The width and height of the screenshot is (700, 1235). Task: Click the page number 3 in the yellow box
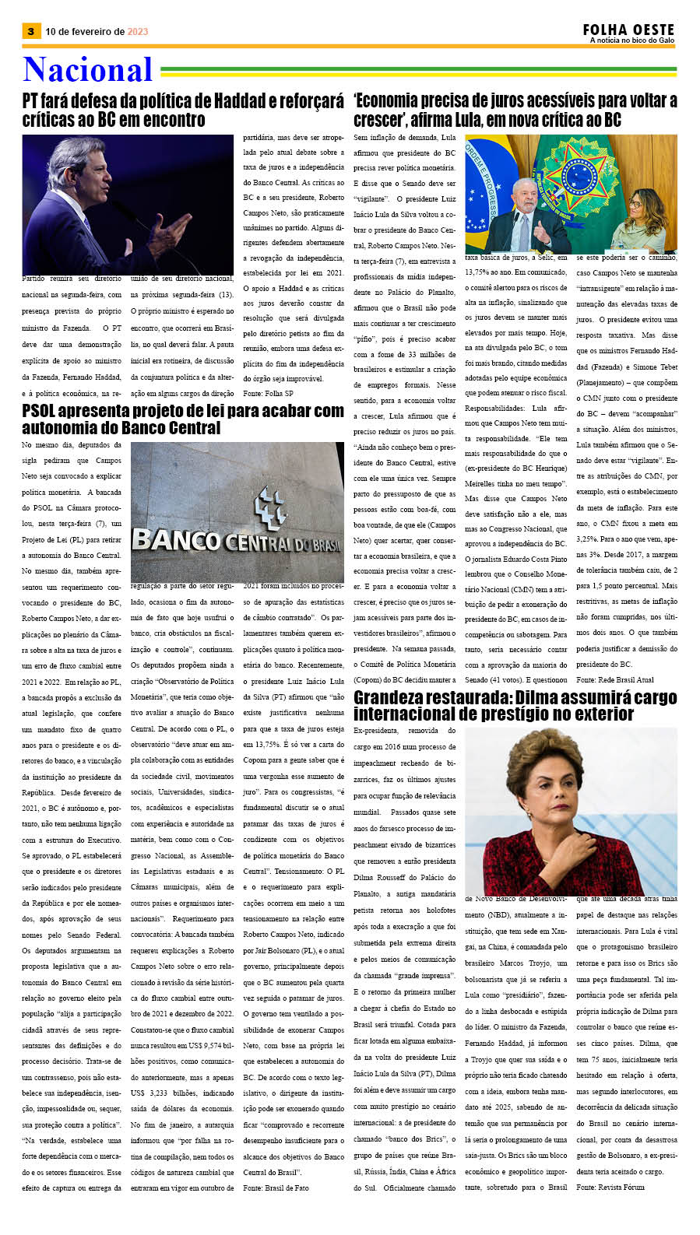click(x=30, y=31)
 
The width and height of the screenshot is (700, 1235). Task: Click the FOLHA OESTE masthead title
click(x=628, y=30)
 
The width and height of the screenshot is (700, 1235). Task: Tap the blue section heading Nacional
click(x=87, y=70)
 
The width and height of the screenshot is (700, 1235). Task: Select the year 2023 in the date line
click(x=138, y=32)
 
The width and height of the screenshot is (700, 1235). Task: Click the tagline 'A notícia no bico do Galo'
click(x=631, y=40)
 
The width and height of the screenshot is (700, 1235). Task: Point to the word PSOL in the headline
click(x=44, y=411)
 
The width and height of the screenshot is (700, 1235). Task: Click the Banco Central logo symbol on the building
click(x=270, y=507)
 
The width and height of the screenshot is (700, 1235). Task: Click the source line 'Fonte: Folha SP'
click(x=269, y=394)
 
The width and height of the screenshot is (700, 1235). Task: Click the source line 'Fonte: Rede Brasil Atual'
click(x=615, y=680)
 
